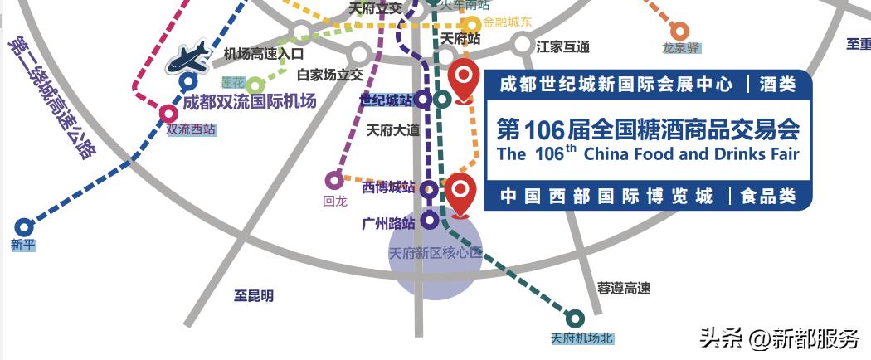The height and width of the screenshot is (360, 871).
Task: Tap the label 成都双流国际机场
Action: (249, 102)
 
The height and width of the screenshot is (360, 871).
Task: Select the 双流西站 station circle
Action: (168, 114)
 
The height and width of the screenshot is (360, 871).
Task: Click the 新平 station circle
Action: (23, 226)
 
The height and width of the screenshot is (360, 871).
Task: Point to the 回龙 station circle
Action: (334, 179)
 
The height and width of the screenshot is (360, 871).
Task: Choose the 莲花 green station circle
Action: (255, 85)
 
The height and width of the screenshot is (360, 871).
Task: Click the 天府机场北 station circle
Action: (574, 317)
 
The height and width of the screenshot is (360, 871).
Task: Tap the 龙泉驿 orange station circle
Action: (679, 32)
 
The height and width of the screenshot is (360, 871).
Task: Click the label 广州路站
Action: (387, 222)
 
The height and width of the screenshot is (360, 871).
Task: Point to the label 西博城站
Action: (387, 187)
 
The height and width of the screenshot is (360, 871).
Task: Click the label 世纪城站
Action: (385, 100)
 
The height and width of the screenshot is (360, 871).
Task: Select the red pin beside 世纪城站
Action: (463, 79)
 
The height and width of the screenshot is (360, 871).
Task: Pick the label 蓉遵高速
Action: (624, 288)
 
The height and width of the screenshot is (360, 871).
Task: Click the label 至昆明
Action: (253, 295)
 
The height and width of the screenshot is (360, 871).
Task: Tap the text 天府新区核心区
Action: (435, 253)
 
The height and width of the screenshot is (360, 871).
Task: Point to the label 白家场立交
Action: (330, 75)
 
